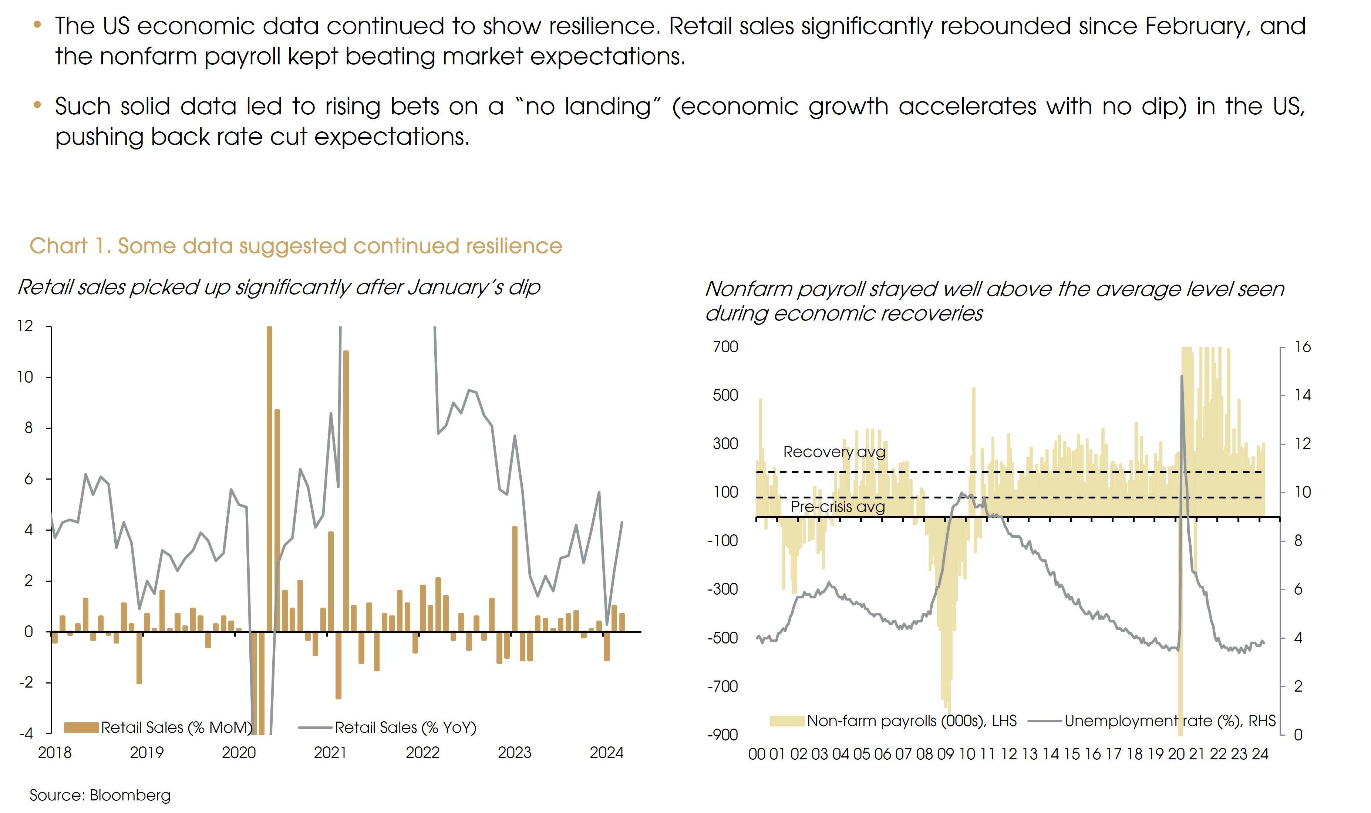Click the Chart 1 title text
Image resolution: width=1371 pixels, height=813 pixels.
point(296,246)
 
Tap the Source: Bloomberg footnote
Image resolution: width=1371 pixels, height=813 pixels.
point(100,795)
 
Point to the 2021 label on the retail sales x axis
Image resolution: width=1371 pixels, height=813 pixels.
point(330,752)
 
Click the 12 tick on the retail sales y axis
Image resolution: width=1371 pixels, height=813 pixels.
point(25,326)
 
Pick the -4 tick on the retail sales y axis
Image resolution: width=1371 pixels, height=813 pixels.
point(25,733)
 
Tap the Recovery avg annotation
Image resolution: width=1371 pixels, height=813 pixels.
point(834,452)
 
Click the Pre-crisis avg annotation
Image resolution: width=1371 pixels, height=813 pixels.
point(837,506)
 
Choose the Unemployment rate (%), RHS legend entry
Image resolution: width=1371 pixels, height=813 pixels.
point(1169,720)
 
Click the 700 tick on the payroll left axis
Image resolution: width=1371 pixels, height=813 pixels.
point(725,347)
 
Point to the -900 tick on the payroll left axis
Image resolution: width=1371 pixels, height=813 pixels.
point(723,735)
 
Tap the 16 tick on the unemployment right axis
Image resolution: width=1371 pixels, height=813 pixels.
point(1303,347)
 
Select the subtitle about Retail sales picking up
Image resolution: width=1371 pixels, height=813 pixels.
point(279,287)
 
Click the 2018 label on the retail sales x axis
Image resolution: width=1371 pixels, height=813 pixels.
point(55,752)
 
